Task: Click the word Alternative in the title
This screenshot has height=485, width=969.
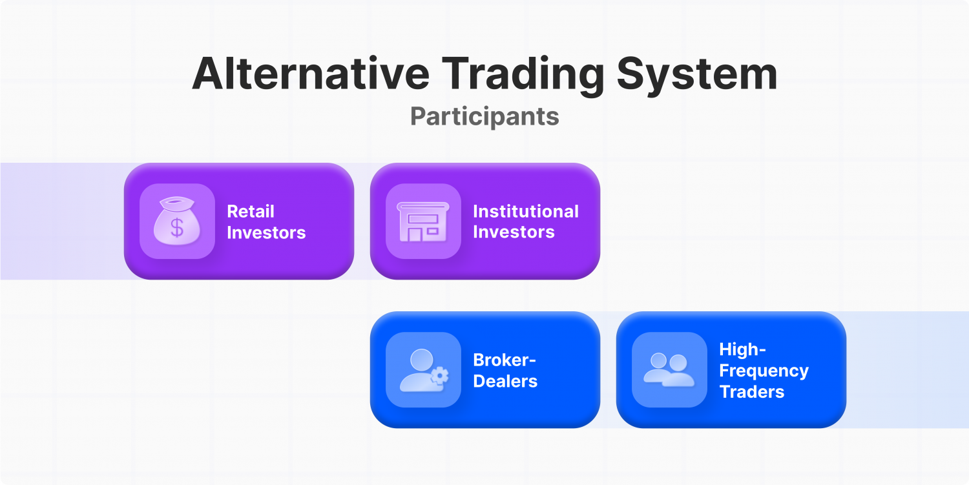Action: click(310, 74)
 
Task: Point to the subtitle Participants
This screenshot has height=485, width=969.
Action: click(484, 116)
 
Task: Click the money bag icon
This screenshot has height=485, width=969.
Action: click(177, 222)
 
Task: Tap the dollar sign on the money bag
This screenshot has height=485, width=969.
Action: click(177, 227)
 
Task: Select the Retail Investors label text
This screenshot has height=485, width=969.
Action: click(266, 222)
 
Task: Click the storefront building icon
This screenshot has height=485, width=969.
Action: click(423, 222)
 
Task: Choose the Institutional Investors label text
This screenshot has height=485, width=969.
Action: click(525, 222)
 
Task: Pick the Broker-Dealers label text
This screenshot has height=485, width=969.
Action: click(505, 370)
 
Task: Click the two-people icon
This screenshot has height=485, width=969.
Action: click(669, 370)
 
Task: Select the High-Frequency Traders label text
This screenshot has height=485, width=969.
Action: click(764, 370)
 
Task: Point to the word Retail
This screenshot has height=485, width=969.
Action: click(251, 211)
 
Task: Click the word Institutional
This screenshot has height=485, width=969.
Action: click(525, 211)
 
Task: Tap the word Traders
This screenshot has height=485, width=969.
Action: click(752, 391)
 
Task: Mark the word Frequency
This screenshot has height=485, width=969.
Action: click(764, 371)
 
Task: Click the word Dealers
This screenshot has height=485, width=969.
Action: click(505, 381)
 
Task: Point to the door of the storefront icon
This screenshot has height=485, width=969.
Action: click(414, 233)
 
